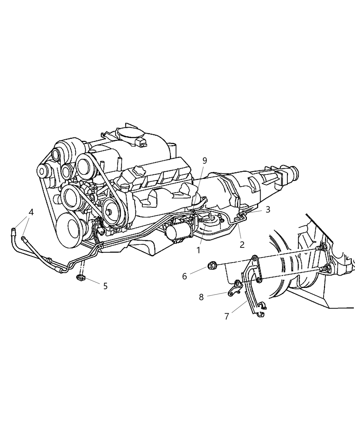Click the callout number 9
(x=205, y=160)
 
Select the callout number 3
(x=268, y=209)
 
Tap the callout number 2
(x=242, y=244)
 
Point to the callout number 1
(x=198, y=250)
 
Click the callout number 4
(x=31, y=212)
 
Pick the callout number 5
(x=105, y=286)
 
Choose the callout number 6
(x=184, y=276)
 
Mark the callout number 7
(x=226, y=316)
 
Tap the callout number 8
(x=201, y=297)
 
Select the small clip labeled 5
(x=81, y=277)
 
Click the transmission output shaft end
(x=295, y=171)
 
